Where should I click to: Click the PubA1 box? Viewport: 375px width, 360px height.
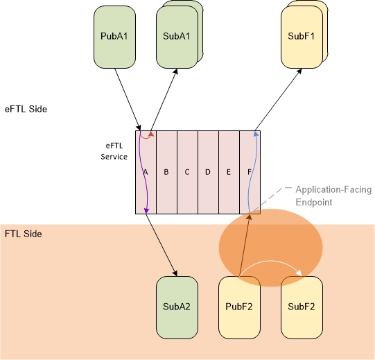point(114,37)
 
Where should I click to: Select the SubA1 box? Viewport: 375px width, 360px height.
point(177,37)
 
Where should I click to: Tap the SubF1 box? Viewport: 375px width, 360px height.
point(302,37)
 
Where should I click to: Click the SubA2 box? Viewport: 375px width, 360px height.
point(177,307)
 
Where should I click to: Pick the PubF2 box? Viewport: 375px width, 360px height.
point(239,307)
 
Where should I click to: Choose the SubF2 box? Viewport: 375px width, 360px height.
point(302,307)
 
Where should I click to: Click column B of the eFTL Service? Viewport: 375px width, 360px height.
point(166,172)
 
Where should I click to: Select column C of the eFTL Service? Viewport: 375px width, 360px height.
point(187,172)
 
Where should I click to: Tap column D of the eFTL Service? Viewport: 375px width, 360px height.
point(209,172)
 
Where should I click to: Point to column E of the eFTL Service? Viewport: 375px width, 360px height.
point(229,172)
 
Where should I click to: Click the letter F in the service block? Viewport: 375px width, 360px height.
point(250,172)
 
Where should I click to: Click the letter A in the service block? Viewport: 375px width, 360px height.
point(146,172)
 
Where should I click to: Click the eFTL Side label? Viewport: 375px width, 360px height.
point(26,109)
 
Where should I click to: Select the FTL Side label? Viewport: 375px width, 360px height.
point(23,234)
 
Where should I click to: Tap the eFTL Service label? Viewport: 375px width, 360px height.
point(114,151)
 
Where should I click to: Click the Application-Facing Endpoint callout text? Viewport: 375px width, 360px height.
point(333,196)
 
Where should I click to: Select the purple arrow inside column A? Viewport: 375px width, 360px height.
point(143,171)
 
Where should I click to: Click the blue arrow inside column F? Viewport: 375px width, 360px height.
point(252,171)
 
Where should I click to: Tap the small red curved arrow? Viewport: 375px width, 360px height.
point(146,138)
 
